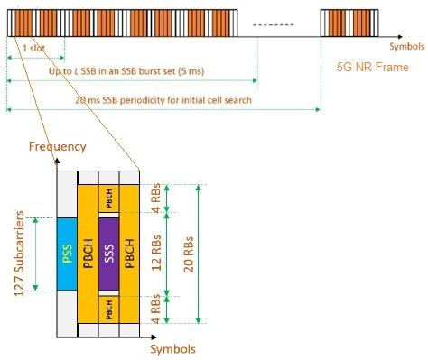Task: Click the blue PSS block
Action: click(67, 254)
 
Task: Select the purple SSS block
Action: click(108, 254)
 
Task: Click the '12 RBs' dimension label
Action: click(159, 254)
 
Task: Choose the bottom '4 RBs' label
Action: click(159, 307)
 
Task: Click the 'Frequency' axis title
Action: click(57, 145)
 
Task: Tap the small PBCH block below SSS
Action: click(108, 307)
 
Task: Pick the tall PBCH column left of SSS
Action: click(88, 254)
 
